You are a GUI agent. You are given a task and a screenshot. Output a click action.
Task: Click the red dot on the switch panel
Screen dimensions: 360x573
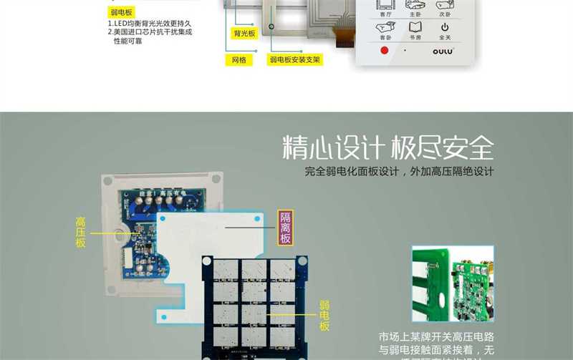(384, 50)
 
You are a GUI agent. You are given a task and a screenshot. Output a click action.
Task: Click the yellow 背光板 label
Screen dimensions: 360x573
(244, 34)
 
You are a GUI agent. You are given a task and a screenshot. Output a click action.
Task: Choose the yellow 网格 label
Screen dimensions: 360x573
(239, 60)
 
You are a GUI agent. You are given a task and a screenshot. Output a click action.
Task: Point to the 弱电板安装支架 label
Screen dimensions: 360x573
(294, 60)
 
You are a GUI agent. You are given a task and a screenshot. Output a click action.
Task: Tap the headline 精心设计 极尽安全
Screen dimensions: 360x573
(388, 148)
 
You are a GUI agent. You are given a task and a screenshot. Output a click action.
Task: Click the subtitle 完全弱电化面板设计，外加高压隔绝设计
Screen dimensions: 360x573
(399, 172)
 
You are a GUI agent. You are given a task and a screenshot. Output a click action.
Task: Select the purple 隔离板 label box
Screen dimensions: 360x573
(285, 228)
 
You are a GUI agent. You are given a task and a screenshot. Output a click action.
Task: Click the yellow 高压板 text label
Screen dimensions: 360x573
(81, 233)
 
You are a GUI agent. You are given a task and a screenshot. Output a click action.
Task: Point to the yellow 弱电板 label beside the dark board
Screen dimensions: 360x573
(324, 316)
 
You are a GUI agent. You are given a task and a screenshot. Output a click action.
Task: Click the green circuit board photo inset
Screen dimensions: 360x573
(452, 284)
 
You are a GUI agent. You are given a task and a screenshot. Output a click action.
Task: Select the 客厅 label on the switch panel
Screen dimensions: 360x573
(385, 14)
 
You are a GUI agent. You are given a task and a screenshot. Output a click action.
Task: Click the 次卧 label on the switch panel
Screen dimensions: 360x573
(444, 14)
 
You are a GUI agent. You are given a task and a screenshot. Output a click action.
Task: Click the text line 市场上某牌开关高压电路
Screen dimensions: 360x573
(436, 336)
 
